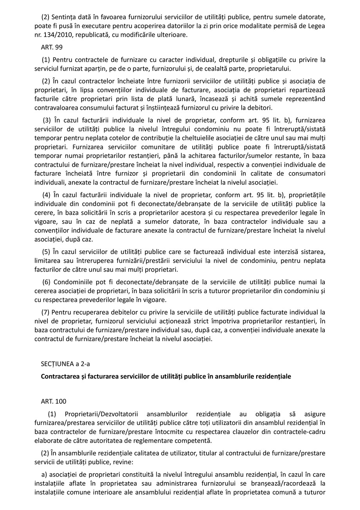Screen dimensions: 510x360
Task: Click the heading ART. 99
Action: tap(51, 47)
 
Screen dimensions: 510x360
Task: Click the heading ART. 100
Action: tap(53, 401)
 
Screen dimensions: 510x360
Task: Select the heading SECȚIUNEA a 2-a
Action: tap(65, 364)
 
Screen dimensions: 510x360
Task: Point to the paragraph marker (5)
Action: tap(46, 252)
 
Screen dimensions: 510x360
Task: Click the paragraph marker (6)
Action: tap(47, 282)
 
